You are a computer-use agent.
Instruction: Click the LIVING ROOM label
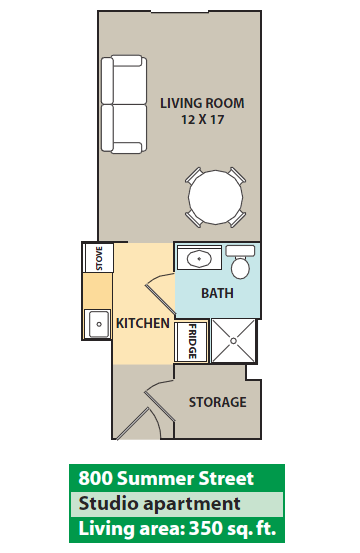[202, 103]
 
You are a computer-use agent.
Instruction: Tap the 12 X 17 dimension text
[203, 120]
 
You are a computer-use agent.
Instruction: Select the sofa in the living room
[124, 104]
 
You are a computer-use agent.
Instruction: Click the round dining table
[215, 197]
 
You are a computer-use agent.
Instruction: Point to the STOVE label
[99, 259]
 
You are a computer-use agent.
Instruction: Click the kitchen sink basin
[99, 324]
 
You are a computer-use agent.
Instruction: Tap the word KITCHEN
[143, 323]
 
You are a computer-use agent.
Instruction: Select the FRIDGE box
[191, 341]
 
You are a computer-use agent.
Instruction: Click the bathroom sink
[199, 259]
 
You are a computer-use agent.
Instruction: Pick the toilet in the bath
[240, 262]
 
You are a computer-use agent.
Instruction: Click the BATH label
[217, 293]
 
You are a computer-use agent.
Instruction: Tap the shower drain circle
[233, 341]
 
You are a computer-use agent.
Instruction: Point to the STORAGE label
[218, 402]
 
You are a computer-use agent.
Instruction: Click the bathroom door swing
[159, 293]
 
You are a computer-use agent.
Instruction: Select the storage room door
[158, 401]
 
